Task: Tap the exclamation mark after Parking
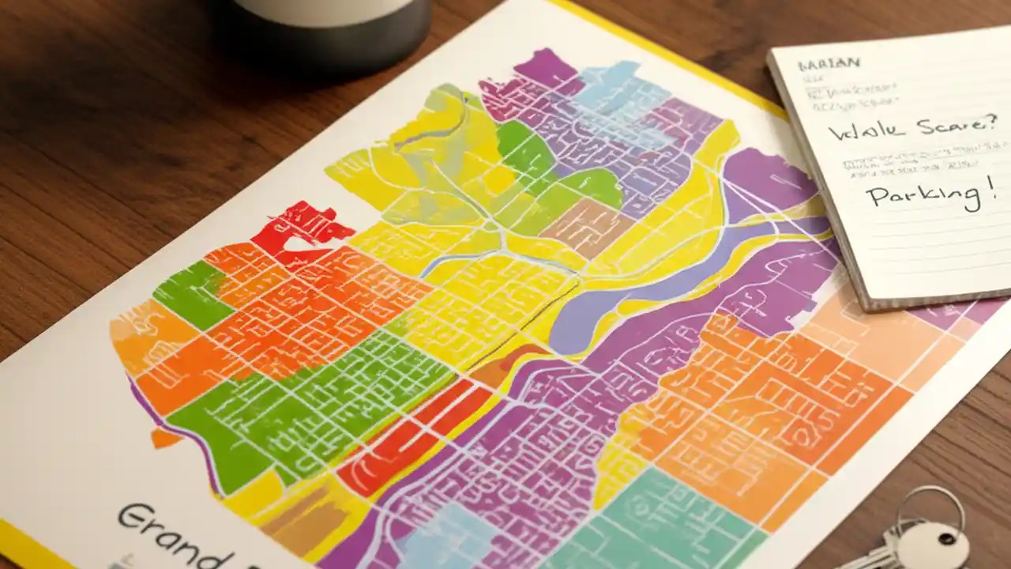pos(985,187)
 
